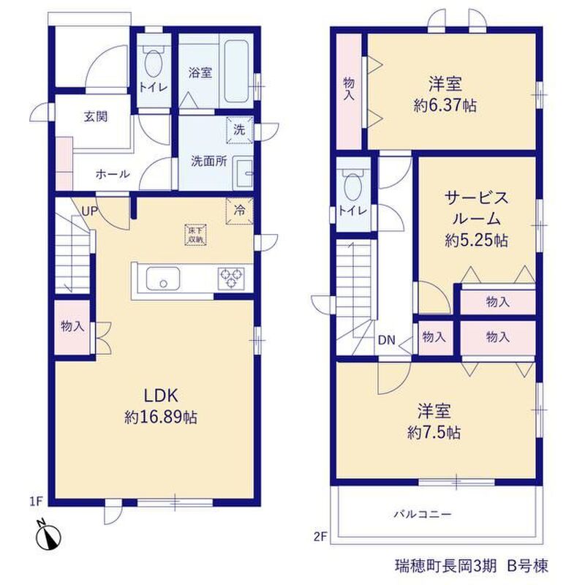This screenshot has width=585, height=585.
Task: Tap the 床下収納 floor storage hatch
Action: click(x=195, y=235)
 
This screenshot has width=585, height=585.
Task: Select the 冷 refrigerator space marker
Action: click(x=240, y=211)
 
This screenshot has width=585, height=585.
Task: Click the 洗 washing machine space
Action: click(x=240, y=129)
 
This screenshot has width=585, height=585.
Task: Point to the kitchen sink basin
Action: click(x=162, y=279)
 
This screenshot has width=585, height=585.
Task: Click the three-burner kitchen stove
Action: click(x=231, y=279)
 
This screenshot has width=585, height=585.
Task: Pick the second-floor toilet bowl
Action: click(x=352, y=186)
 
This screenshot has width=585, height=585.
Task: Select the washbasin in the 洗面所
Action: click(x=243, y=173)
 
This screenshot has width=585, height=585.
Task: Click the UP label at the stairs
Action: click(x=89, y=211)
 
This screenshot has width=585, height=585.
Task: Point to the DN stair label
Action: click(x=387, y=340)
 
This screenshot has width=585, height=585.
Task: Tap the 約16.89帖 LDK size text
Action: click(x=161, y=417)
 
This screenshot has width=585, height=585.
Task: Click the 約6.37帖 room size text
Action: click(x=445, y=105)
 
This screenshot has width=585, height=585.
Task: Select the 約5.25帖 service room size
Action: click(x=476, y=241)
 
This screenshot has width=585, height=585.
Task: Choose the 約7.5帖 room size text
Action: click(x=434, y=433)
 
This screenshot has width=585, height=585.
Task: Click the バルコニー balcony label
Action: click(x=423, y=515)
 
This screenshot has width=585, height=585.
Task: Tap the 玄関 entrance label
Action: click(x=96, y=117)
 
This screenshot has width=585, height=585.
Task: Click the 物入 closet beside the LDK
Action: click(x=72, y=326)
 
